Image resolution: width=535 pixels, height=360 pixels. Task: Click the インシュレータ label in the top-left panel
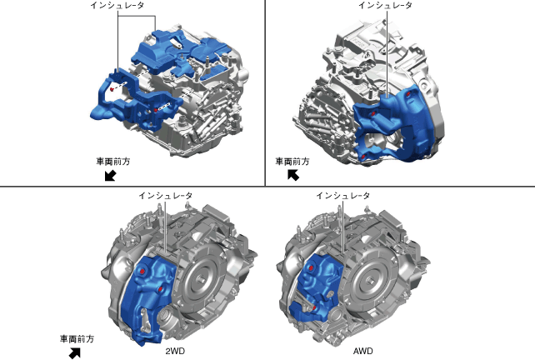(x=117, y=6)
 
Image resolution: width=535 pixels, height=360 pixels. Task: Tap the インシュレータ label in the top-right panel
(x=385, y=6)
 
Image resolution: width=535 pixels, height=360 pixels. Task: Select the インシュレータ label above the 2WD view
(x=166, y=196)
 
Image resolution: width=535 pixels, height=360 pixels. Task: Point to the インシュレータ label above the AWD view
(x=342, y=196)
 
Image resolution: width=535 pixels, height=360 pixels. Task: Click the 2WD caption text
(x=175, y=351)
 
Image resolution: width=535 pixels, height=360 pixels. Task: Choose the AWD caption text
(x=363, y=351)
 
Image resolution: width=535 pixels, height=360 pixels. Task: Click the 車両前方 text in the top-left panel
(x=113, y=162)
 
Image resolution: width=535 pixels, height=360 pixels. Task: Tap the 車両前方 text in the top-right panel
(x=292, y=162)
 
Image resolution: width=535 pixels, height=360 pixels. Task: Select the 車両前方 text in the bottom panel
(x=77, y=339)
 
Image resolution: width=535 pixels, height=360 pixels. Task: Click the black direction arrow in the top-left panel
(x=110, y=176)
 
